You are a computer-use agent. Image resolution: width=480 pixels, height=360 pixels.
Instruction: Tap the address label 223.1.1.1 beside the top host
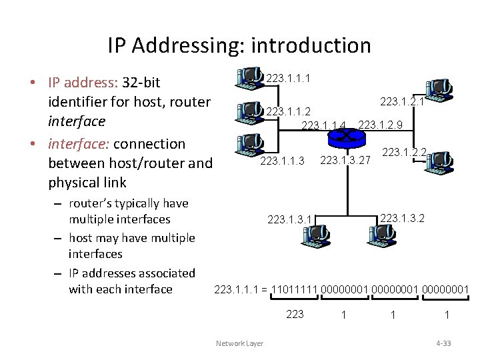point(287,79)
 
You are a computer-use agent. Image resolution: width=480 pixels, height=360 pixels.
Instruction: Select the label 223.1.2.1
point(402,101)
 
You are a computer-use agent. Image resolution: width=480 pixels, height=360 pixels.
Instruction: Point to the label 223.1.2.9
point(380,124)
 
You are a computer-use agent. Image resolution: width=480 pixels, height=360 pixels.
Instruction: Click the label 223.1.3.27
point(345,160)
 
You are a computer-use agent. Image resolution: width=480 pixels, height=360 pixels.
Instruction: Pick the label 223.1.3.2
point(402,217)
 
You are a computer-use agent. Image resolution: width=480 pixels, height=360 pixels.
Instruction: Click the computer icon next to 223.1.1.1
point(249,78)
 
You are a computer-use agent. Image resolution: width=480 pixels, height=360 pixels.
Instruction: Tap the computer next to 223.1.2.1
point(437,88)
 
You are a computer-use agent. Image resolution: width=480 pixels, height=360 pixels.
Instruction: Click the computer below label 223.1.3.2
point(381,233)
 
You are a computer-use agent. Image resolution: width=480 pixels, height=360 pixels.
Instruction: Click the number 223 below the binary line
point(294,314)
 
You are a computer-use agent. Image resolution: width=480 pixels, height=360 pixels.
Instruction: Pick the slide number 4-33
point(443,343)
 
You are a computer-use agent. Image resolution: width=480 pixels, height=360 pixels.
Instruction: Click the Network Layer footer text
point(239,343)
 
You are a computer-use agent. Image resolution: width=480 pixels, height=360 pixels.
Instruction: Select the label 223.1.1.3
point(282,160)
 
